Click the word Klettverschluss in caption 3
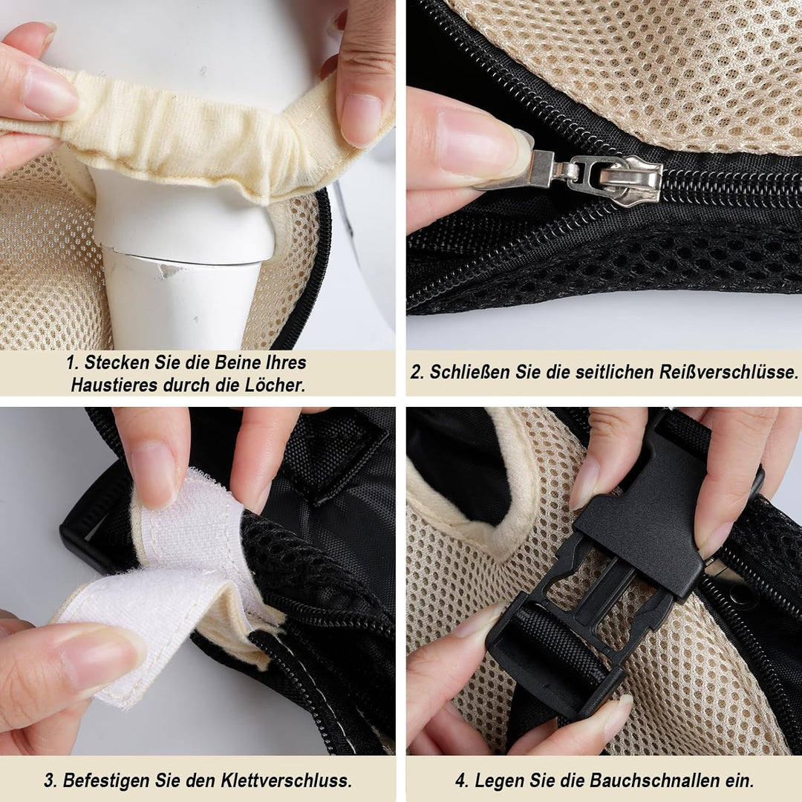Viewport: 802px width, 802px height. pos(287,780)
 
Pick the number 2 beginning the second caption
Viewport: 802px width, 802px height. pos(417,372)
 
